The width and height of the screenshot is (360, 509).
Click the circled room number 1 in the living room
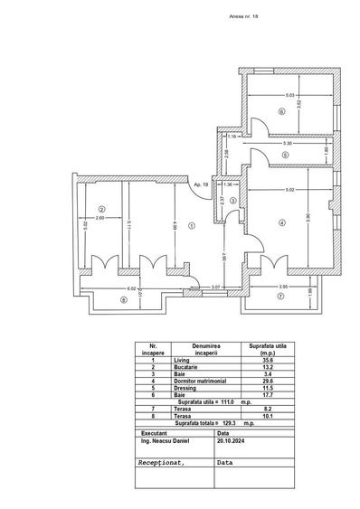click(x=191, y=226)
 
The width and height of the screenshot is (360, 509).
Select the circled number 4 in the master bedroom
click(x=281, y=222)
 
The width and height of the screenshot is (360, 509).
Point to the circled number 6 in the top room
click(x=281, y=112)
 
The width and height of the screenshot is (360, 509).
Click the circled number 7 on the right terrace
click(x=280, y=296)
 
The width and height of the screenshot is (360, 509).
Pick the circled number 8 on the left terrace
click(x=124, y=300)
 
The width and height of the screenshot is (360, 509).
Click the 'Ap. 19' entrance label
click(x=198, y=184)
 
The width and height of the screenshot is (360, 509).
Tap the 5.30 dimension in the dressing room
click(x=287, y=144)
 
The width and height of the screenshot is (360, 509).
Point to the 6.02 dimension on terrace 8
click(x=106, y=289)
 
